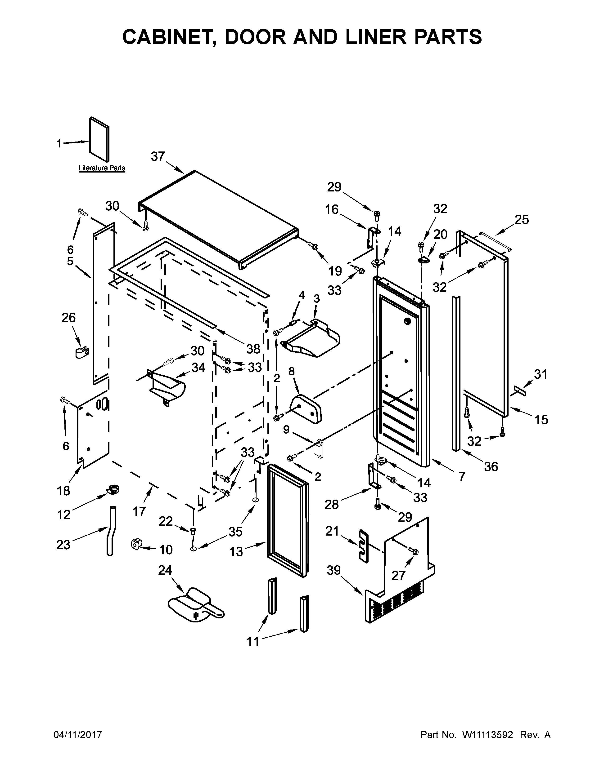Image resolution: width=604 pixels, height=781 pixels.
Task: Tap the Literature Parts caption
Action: point(102,168)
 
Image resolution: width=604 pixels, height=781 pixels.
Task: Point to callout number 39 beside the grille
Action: point(334,570)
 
